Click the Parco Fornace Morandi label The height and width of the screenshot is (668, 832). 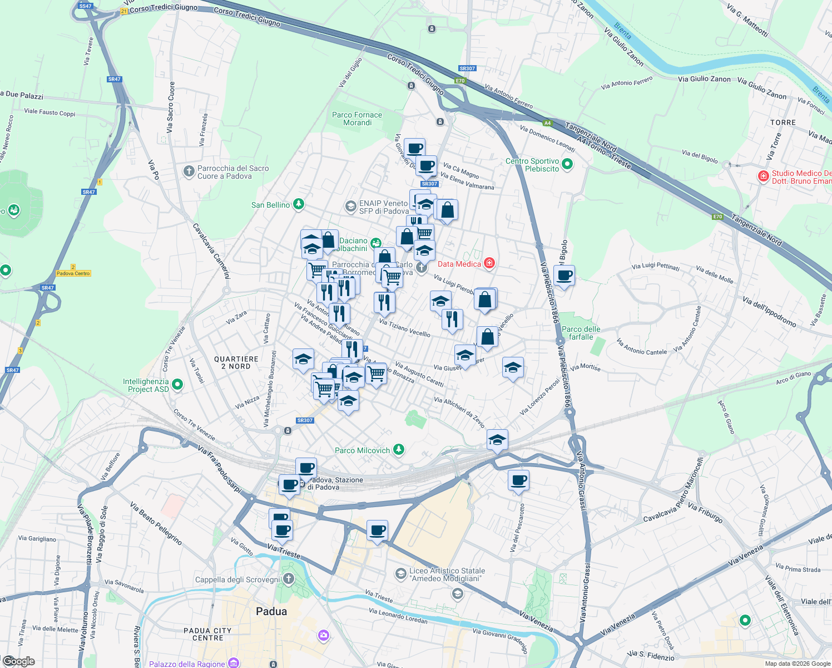[x=357, y=119]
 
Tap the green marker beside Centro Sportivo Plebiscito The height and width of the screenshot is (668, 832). [x=567, y=164]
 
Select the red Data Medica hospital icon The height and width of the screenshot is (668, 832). [x=489, y=263]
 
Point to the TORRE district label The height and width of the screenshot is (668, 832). [x=783, y=122]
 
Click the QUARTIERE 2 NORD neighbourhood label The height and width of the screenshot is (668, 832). [x=236, y=362]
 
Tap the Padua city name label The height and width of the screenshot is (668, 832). [x=271, y=611]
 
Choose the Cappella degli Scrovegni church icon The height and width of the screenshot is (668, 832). [x=288, y=579]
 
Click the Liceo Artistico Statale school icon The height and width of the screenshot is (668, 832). [x=400, y=573]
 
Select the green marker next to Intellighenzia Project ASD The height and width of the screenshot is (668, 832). [x=177, y=385]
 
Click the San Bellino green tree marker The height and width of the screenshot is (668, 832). [x=299, y=204]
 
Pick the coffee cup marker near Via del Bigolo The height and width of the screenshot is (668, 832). [x=564, y=276]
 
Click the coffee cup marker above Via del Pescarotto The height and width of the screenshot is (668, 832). [x=518, y=480]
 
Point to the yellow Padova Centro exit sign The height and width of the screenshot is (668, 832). [x=73, y=273]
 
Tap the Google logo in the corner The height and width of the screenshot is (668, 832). [x=19, y=661]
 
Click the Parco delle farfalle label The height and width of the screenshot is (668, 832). [x=581, y=333]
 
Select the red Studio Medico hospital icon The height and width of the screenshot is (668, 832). [x=764, y=176]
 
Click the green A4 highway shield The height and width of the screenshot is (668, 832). [x=547, y=123]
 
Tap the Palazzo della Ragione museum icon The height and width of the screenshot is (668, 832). [x=234, y=663]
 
